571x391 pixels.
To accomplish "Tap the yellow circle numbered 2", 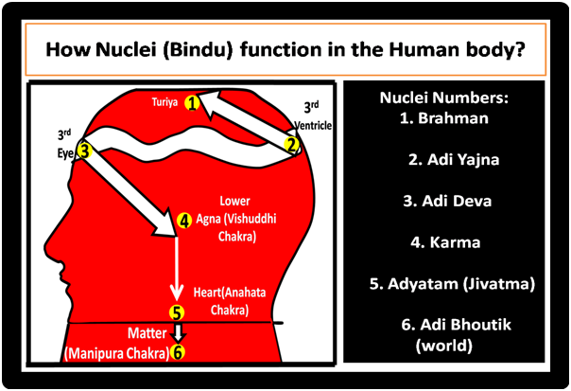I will (x=292, y=144).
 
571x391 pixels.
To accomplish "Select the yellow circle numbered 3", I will (x=84, y=149).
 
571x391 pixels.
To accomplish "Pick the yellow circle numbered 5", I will (x=175, y=311).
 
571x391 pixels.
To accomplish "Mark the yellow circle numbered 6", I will (x=177, y=352).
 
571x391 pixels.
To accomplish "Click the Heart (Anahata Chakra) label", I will (x=225, y=301).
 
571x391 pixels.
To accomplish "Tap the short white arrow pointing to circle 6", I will (x=177, y=332).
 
